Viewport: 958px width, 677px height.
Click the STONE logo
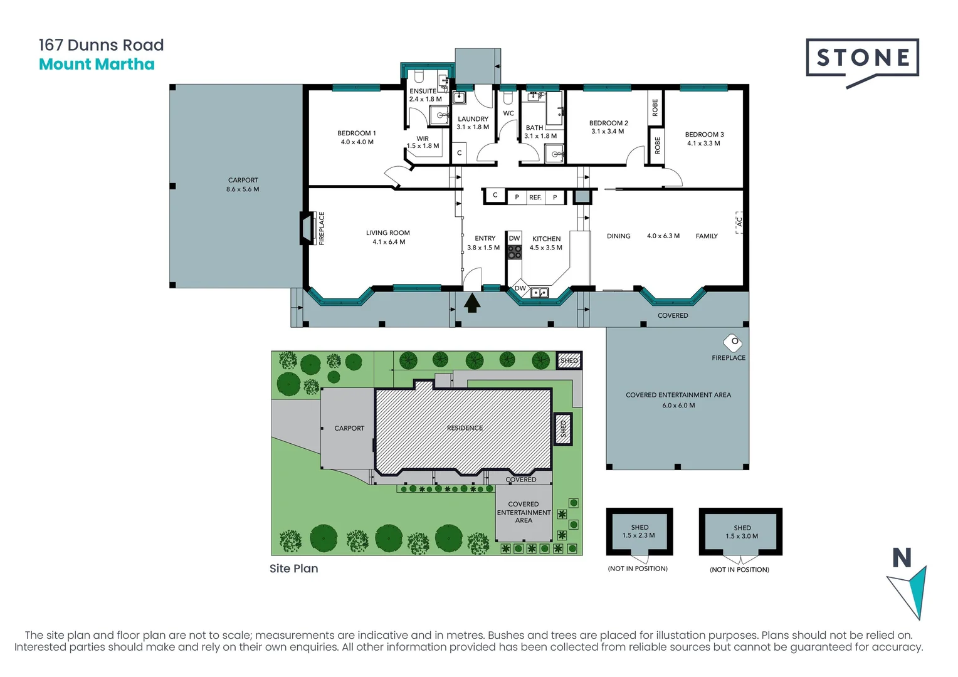click(x=862, y=61)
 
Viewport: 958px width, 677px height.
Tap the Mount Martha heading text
click(x=97, y=65)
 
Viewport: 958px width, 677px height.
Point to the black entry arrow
click(x=472, y=303)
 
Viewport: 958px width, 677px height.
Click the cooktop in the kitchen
click(x=515, y=252)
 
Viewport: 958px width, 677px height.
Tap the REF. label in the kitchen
click(x=535, y=197)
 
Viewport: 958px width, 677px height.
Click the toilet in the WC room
click(x=508, y=99)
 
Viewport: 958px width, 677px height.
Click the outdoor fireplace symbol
click(x=732, y=343)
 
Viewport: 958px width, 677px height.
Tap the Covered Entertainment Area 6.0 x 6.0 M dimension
click(x=678, y=406)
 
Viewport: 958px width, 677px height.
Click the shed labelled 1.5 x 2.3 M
click(x=640, y=532)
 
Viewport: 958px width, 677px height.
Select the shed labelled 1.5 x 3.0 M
click(x=741, y=532)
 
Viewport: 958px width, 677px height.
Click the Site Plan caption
click(x=294, y=569)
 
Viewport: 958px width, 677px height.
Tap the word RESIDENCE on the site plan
click(x=465, y=428)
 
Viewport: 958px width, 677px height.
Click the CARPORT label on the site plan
click(x=349, y=428)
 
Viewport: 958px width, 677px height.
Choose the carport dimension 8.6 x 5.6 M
click(x=243, y=189)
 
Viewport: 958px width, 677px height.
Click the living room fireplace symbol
click(x=307, y=229)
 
